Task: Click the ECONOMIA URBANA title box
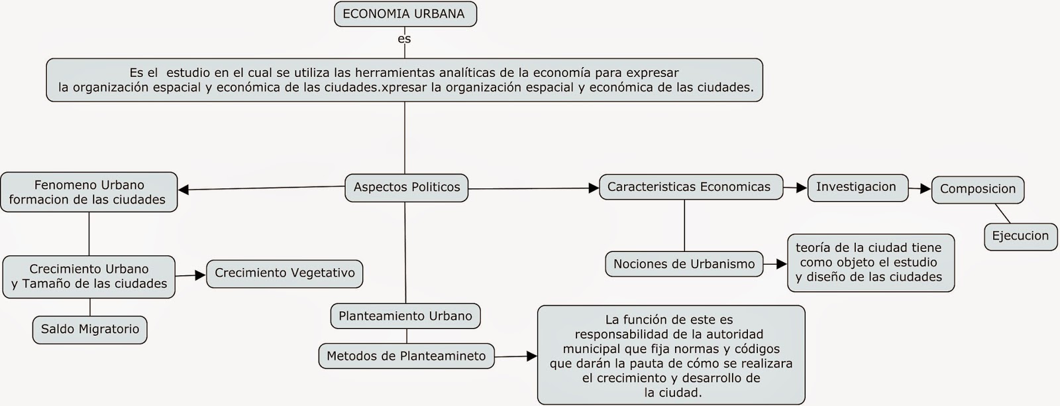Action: [405, 14]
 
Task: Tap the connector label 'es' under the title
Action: [404, 38]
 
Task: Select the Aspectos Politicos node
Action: [406, 187]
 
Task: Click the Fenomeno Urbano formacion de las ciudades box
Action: [89, 192]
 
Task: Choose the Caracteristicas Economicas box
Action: [689, 187]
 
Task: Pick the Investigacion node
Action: [856, 187]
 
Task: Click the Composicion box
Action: [977, 189]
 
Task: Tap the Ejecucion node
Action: [1020, 236]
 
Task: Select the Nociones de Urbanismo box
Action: [684, 264]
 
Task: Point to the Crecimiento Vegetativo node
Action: [285, 273]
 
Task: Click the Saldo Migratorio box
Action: [90, 329]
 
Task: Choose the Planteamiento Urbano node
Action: [405, 316]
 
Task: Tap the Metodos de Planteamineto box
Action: [406, 356]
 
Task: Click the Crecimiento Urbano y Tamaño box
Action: [89, 276]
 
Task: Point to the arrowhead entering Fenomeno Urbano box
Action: [184, 190]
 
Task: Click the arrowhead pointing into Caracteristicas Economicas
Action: [594, 188]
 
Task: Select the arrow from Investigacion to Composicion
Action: [920, 188]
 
